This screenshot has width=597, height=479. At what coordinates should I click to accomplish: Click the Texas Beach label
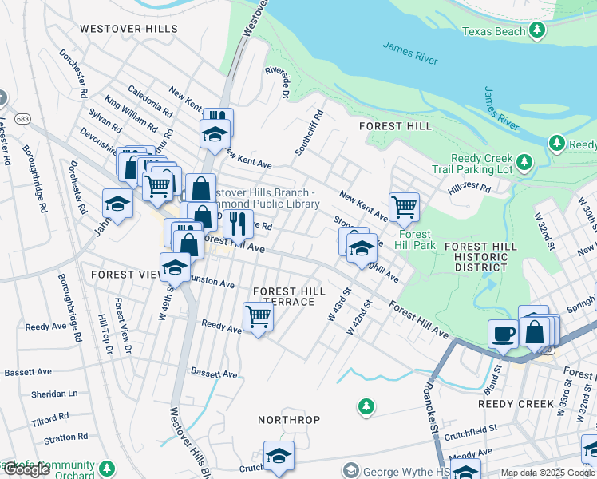tap(494, 31)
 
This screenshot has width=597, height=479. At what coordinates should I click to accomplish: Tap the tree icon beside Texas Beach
tap(538, 30)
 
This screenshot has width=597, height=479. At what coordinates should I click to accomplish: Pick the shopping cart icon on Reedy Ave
tap(258, 316)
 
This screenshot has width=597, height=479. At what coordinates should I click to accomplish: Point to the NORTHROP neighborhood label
tap(289, 420)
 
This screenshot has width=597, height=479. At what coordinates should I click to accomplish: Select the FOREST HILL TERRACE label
tap(288, 297)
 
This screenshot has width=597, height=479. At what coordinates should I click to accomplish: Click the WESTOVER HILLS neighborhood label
tap(128, 28)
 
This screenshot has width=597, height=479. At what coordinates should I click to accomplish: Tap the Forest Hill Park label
tap(416, 239)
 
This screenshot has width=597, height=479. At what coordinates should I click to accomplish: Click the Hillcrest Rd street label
tap(469, 186)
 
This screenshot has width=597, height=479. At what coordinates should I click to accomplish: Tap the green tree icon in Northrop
tap(366, 406)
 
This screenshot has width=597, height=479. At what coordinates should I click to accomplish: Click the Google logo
tap(27, 469)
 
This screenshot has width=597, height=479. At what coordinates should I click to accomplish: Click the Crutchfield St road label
tap(470, 428)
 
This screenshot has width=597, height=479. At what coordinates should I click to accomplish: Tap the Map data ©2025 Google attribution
tap(548, 473)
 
